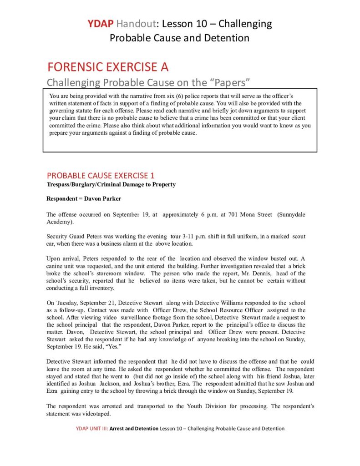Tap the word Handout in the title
pos(134,23)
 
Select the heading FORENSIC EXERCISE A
pos(108,67)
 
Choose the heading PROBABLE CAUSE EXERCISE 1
pos(98,176)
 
